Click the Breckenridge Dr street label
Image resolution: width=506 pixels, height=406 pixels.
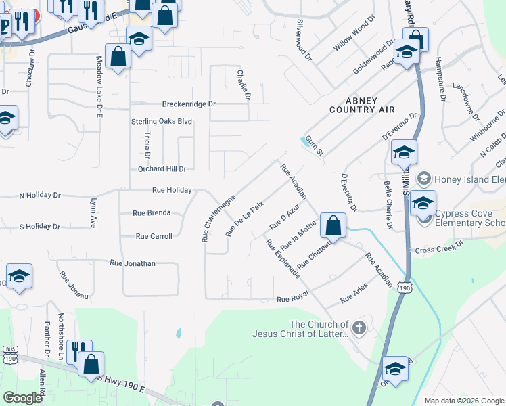(x=188, y=104)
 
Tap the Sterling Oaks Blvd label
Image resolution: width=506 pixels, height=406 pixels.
(x=162, y=122)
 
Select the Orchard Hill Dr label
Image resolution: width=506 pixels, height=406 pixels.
(x=162, y=168)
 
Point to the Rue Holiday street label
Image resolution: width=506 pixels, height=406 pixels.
(x=172, y=191)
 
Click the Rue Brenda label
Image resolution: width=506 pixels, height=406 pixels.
(x=152, y=213)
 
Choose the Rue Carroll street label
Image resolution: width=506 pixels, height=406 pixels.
(x=154, y=236)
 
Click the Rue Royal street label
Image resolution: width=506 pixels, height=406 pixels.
(x=292, y=298)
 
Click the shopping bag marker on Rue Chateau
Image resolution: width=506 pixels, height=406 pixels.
(x=333, y=225)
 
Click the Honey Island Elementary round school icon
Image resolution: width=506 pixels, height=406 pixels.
(x=424, y=179)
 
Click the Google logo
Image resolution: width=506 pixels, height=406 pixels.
(x=22, y=398)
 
